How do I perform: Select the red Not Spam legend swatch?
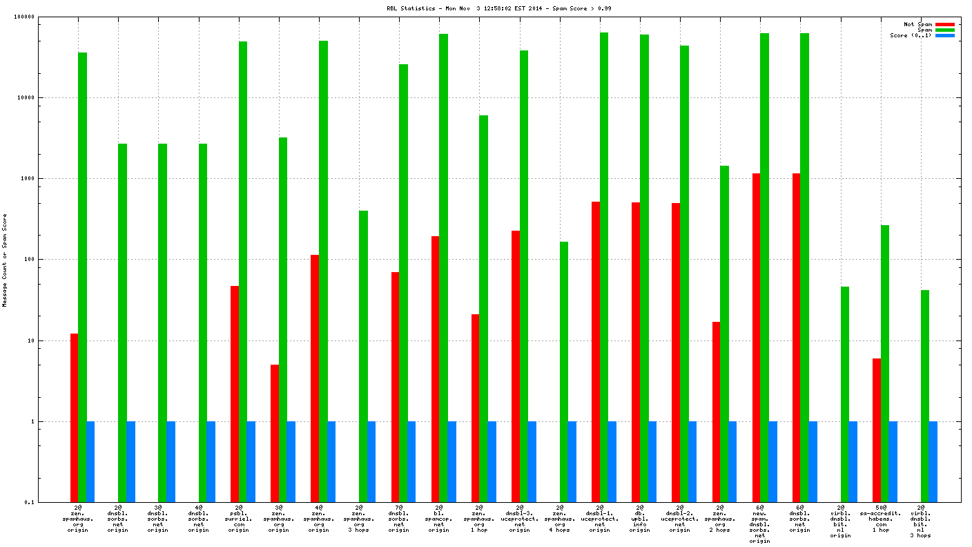[x=944, y=24]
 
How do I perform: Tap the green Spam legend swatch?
[x=944, y=30]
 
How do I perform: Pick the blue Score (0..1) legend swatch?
[x=944, y=35]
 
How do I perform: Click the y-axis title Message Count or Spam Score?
[x=5, y=260]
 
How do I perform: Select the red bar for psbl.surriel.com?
[x=235, y=394]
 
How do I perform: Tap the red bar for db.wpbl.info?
[x=635, y=352]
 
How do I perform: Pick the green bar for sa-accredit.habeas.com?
[x=884, y=363]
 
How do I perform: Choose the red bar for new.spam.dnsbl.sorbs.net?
[x=757, y=338]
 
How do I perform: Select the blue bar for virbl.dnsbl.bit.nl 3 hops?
[x=933, y=461]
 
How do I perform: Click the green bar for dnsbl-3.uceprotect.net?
[x=523, y=276]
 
